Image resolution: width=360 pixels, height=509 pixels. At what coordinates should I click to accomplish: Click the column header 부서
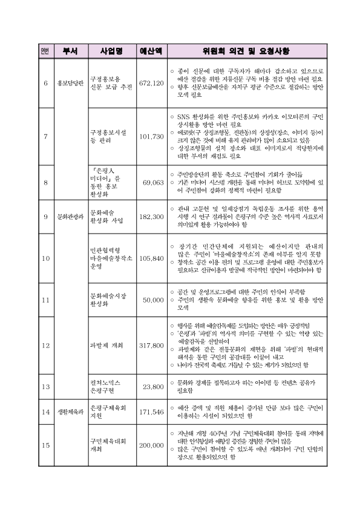(70, 51)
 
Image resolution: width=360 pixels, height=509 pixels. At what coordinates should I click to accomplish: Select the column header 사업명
(112, 51)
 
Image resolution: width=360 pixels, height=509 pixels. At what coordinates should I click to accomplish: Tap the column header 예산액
(151, 51)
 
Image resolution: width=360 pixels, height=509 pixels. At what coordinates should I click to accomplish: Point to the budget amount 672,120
(151, 82)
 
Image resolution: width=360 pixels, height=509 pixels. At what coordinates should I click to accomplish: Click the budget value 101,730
(151, 136)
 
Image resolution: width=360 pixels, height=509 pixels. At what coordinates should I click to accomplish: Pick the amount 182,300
(151, 216)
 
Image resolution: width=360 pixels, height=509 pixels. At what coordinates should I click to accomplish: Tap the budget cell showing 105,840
(151, 258)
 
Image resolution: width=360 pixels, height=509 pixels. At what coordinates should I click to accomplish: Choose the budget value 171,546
(151, 412)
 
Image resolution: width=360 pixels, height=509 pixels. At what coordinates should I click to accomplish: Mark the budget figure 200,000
(151, 445)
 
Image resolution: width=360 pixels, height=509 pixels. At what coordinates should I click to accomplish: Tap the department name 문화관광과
(70, 216)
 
